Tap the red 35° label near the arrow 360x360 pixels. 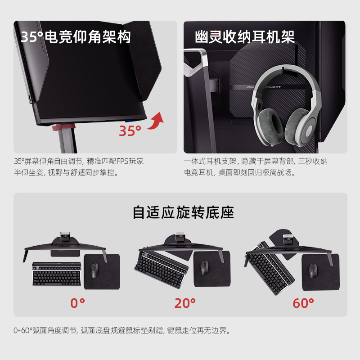click(130, 131)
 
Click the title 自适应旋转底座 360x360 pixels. click(183, 212)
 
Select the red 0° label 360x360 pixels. click(77, 303)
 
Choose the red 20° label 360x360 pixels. click(185, 303)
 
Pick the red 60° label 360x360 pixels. click(303, 303)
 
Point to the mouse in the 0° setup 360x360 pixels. click(95, 269)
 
